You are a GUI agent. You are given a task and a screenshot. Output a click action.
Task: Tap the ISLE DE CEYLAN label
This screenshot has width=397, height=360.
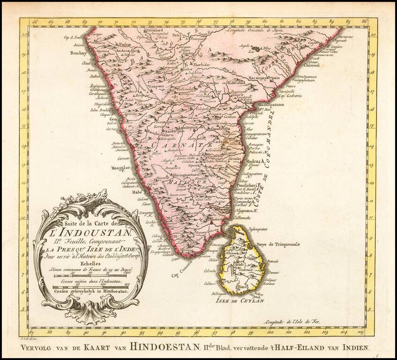240,301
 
